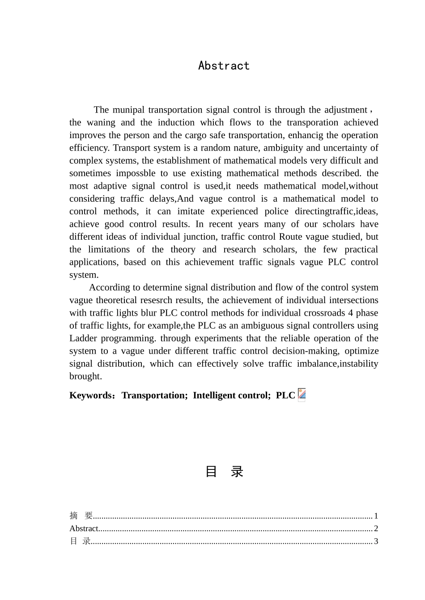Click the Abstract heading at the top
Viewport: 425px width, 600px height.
click(224, 66)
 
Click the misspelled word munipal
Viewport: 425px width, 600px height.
click(128, 110)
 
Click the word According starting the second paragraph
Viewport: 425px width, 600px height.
click(109, 287)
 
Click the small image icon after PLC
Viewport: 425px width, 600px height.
click(302, 395)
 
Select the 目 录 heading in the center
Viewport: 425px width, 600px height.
click(224, 471)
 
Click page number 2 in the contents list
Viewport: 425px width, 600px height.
click(376, 528)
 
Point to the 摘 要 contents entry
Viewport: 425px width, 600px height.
click(81, 515)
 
